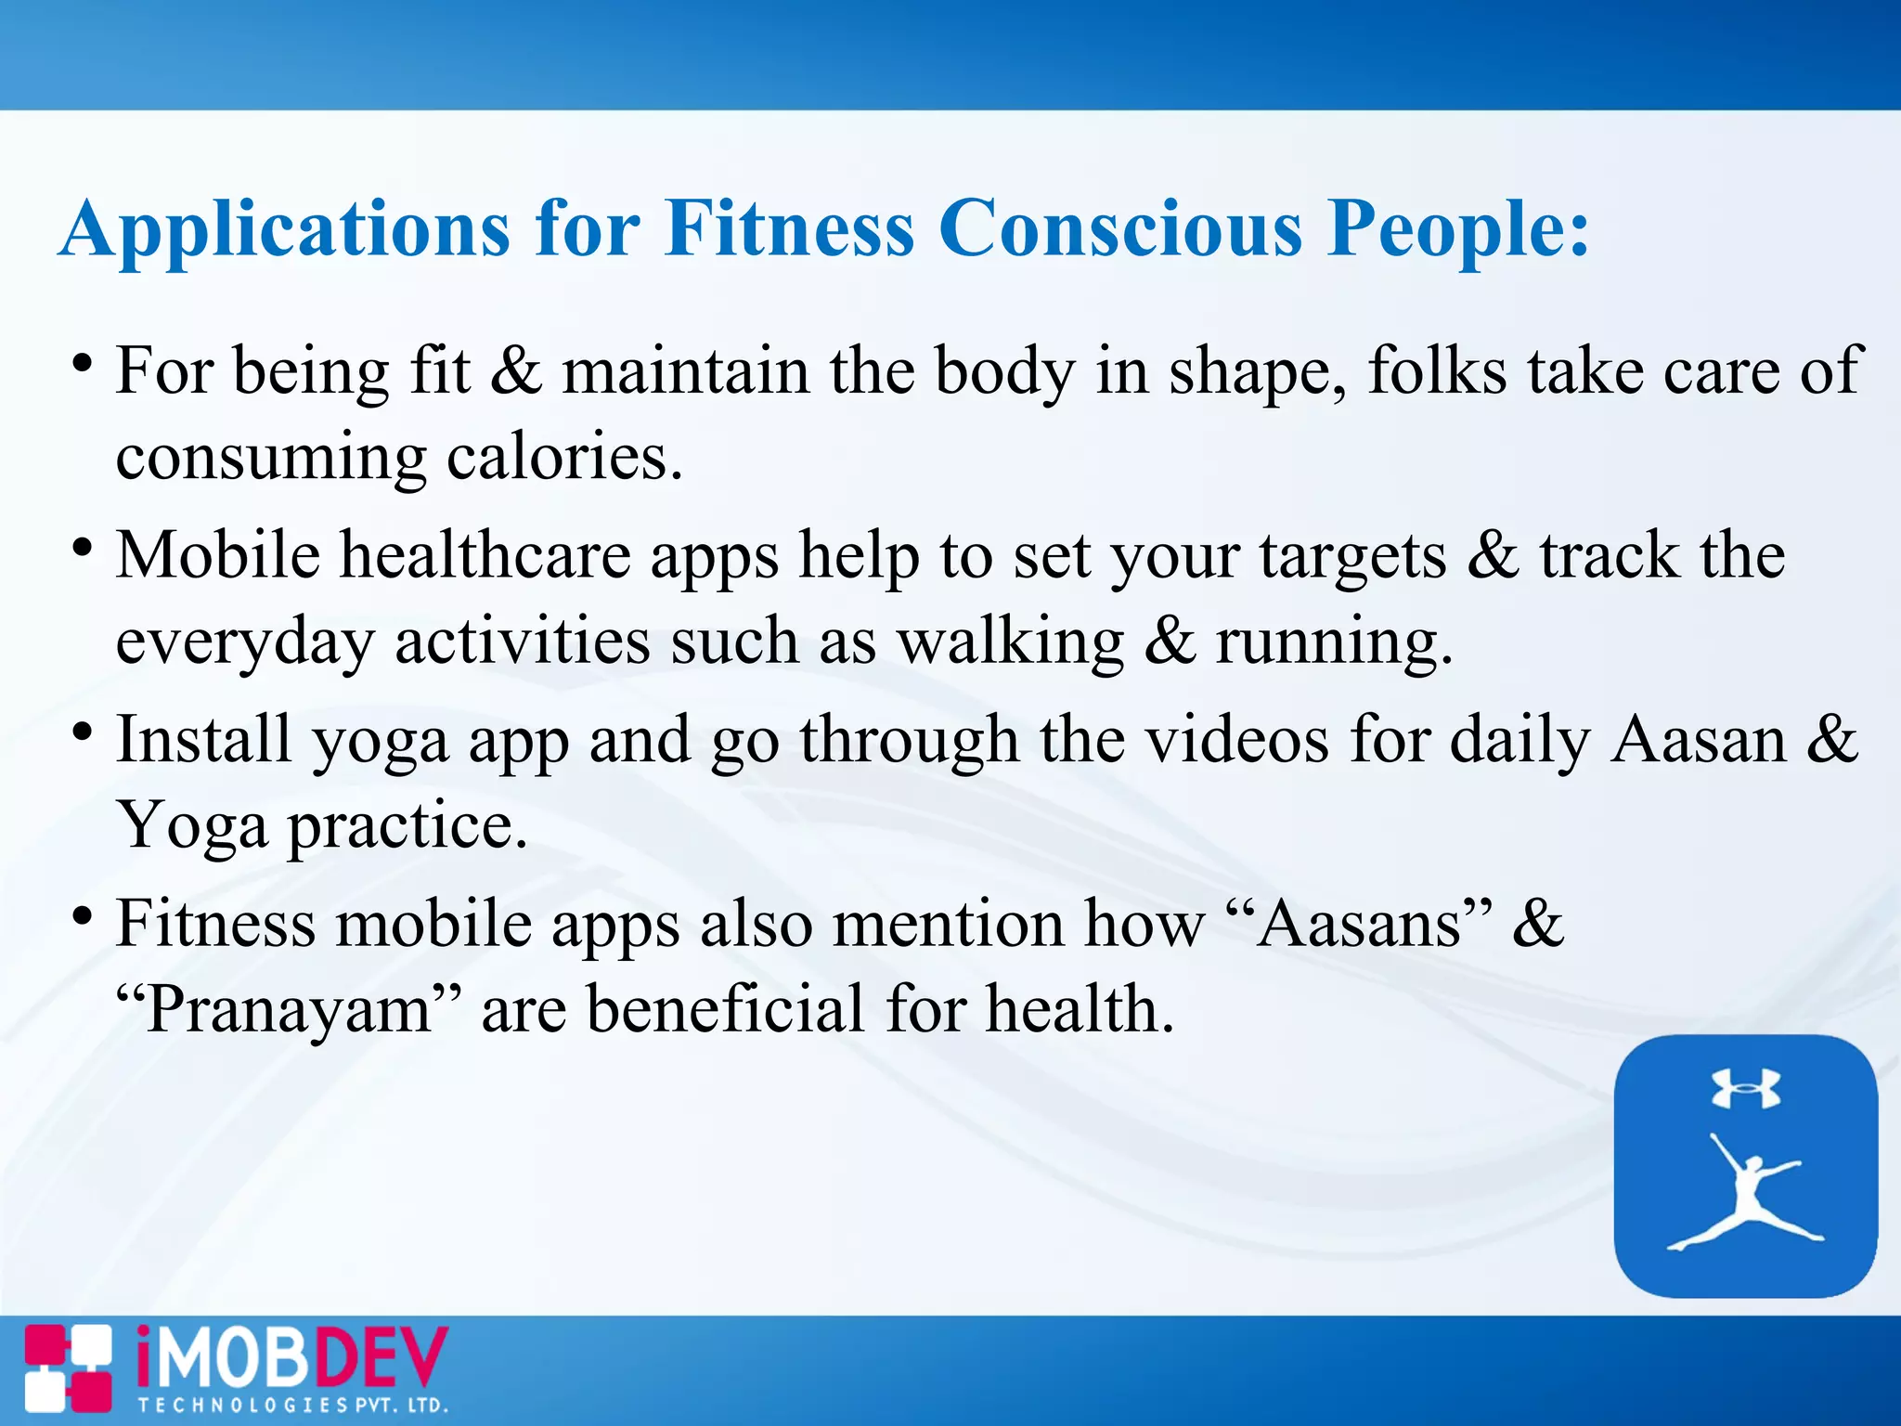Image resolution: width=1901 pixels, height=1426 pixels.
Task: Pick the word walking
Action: tap(1011, 642)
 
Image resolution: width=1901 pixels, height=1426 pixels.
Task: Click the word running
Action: tap(1333, 642)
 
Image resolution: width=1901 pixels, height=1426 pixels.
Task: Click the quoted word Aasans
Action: tap(1360, 924)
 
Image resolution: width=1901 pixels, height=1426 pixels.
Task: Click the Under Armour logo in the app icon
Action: tap(1745, 1088)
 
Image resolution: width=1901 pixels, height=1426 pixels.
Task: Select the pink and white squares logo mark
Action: tap(68, 1368)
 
